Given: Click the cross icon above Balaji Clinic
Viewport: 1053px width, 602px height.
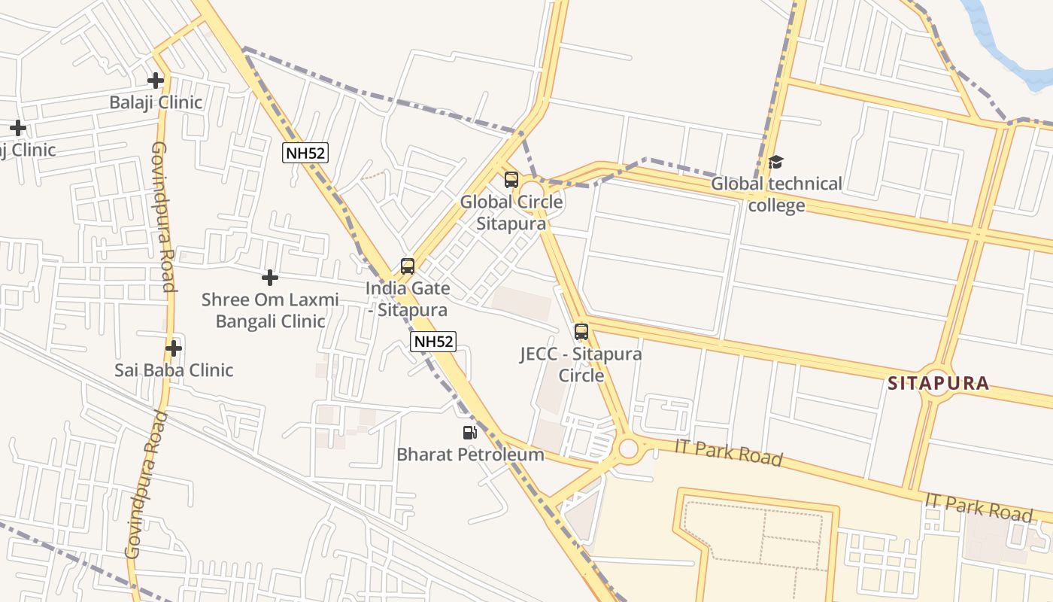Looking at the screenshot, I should click(x=156, y=80).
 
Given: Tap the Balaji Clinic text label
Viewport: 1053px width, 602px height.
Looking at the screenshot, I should click(x=156, y=102).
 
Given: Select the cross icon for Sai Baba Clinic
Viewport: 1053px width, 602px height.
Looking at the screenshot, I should click(x=174, y=348).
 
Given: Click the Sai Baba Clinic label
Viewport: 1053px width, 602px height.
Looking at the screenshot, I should click(x=174, y=370).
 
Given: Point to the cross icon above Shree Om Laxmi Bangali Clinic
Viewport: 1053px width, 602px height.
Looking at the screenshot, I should click(x=269, y=278).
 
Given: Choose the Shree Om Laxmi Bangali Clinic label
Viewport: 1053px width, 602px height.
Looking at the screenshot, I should click(x=270, y=310).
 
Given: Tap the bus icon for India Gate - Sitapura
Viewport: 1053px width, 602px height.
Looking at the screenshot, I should click(x=408, y=266).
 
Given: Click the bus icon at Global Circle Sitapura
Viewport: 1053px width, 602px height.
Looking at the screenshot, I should click(x=511, y=180).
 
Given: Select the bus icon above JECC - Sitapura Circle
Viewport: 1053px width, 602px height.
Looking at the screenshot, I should click(x=581, y=331).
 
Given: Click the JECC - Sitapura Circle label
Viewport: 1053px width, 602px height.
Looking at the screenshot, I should click(x=581, y=364).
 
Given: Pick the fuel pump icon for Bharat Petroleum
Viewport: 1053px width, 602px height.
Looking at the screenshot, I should click(x=470, y=433).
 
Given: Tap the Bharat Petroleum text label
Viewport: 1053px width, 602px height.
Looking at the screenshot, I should click(x=470, y=455).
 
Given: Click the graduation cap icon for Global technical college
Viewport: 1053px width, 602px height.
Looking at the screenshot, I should click(x=776, y=162).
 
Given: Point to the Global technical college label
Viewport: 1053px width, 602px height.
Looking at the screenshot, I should click(x=776, y=194).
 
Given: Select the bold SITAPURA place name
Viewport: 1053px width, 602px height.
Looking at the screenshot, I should click(x=938, y=383).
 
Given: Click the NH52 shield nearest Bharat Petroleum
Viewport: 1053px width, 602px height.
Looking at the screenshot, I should click(x=434, y=342).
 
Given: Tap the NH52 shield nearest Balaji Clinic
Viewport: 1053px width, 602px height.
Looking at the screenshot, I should click(x=305, y=153).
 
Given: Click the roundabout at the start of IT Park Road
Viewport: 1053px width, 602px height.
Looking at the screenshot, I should click(x=628, y=449).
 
